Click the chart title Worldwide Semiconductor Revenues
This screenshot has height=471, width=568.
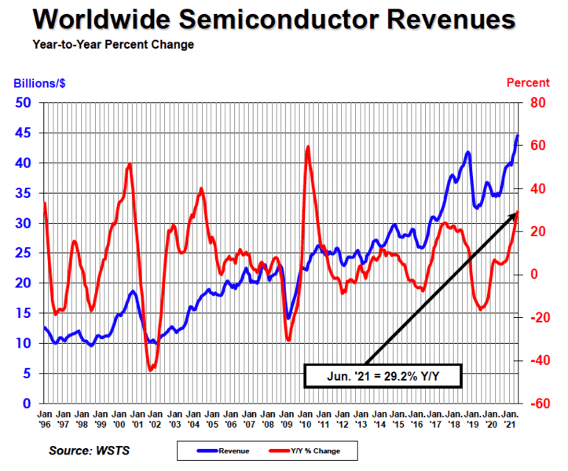284,19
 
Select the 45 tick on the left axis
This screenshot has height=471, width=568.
24,133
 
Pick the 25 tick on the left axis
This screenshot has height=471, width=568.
24,253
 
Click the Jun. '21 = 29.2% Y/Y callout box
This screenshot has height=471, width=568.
383,376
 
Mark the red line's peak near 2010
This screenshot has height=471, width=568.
308,147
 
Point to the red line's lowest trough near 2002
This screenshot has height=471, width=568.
150,370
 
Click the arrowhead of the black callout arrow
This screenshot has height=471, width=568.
516,213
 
